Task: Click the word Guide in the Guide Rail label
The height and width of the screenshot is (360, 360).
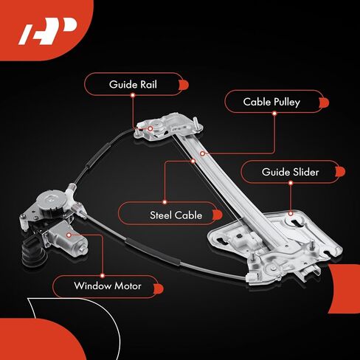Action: tap(122, 85)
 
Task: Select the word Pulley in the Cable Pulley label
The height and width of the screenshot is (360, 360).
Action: tap(285, 102)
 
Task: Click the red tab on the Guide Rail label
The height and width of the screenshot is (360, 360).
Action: tap(181, 85)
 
